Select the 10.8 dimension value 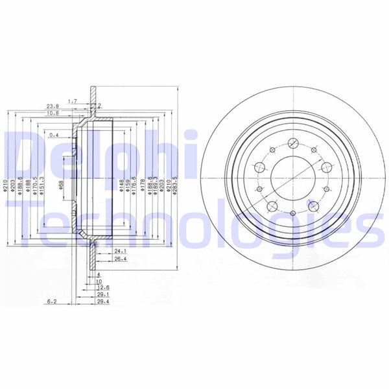(x=53, y=113)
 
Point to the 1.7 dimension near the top (x=72, y=100)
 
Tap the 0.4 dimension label (x=54, y=136)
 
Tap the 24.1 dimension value (x=119, y=250)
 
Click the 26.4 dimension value (x=119, y=259)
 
